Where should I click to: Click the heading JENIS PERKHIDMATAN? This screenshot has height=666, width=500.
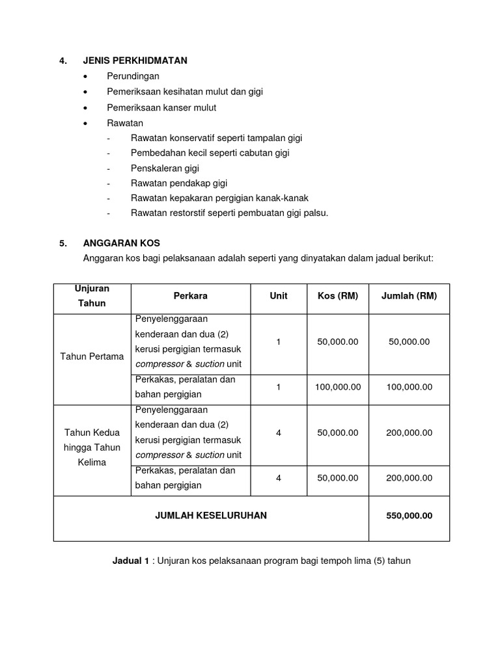click(135, 60)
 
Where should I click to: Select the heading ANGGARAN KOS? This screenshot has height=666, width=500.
click(121, 243)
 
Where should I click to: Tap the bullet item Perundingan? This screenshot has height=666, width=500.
click(133, 76)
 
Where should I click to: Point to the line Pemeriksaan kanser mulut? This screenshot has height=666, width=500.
click(161, 107)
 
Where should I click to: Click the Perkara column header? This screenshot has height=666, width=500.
click(190, 296)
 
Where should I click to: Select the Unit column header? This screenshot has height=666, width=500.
click(278, 296)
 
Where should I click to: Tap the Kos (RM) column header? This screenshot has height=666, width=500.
click(337, 296)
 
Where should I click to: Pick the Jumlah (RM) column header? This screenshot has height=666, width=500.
click(409, 296)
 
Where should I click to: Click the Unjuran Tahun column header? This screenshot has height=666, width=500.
click(92, 296)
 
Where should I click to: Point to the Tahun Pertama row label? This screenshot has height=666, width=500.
click(92, 356)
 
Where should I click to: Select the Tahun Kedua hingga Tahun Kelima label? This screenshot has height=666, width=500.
click(92, 448)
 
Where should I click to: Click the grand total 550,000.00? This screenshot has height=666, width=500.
click(409, 516)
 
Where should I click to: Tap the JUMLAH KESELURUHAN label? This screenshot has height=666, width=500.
click(210, 516)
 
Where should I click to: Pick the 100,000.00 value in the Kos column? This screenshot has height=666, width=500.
click(337, 387)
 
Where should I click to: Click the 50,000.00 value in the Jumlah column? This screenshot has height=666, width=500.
click(409, 342)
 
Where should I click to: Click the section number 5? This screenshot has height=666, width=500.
click(63, 244)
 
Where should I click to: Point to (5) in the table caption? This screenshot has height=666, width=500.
click(377, 561)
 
